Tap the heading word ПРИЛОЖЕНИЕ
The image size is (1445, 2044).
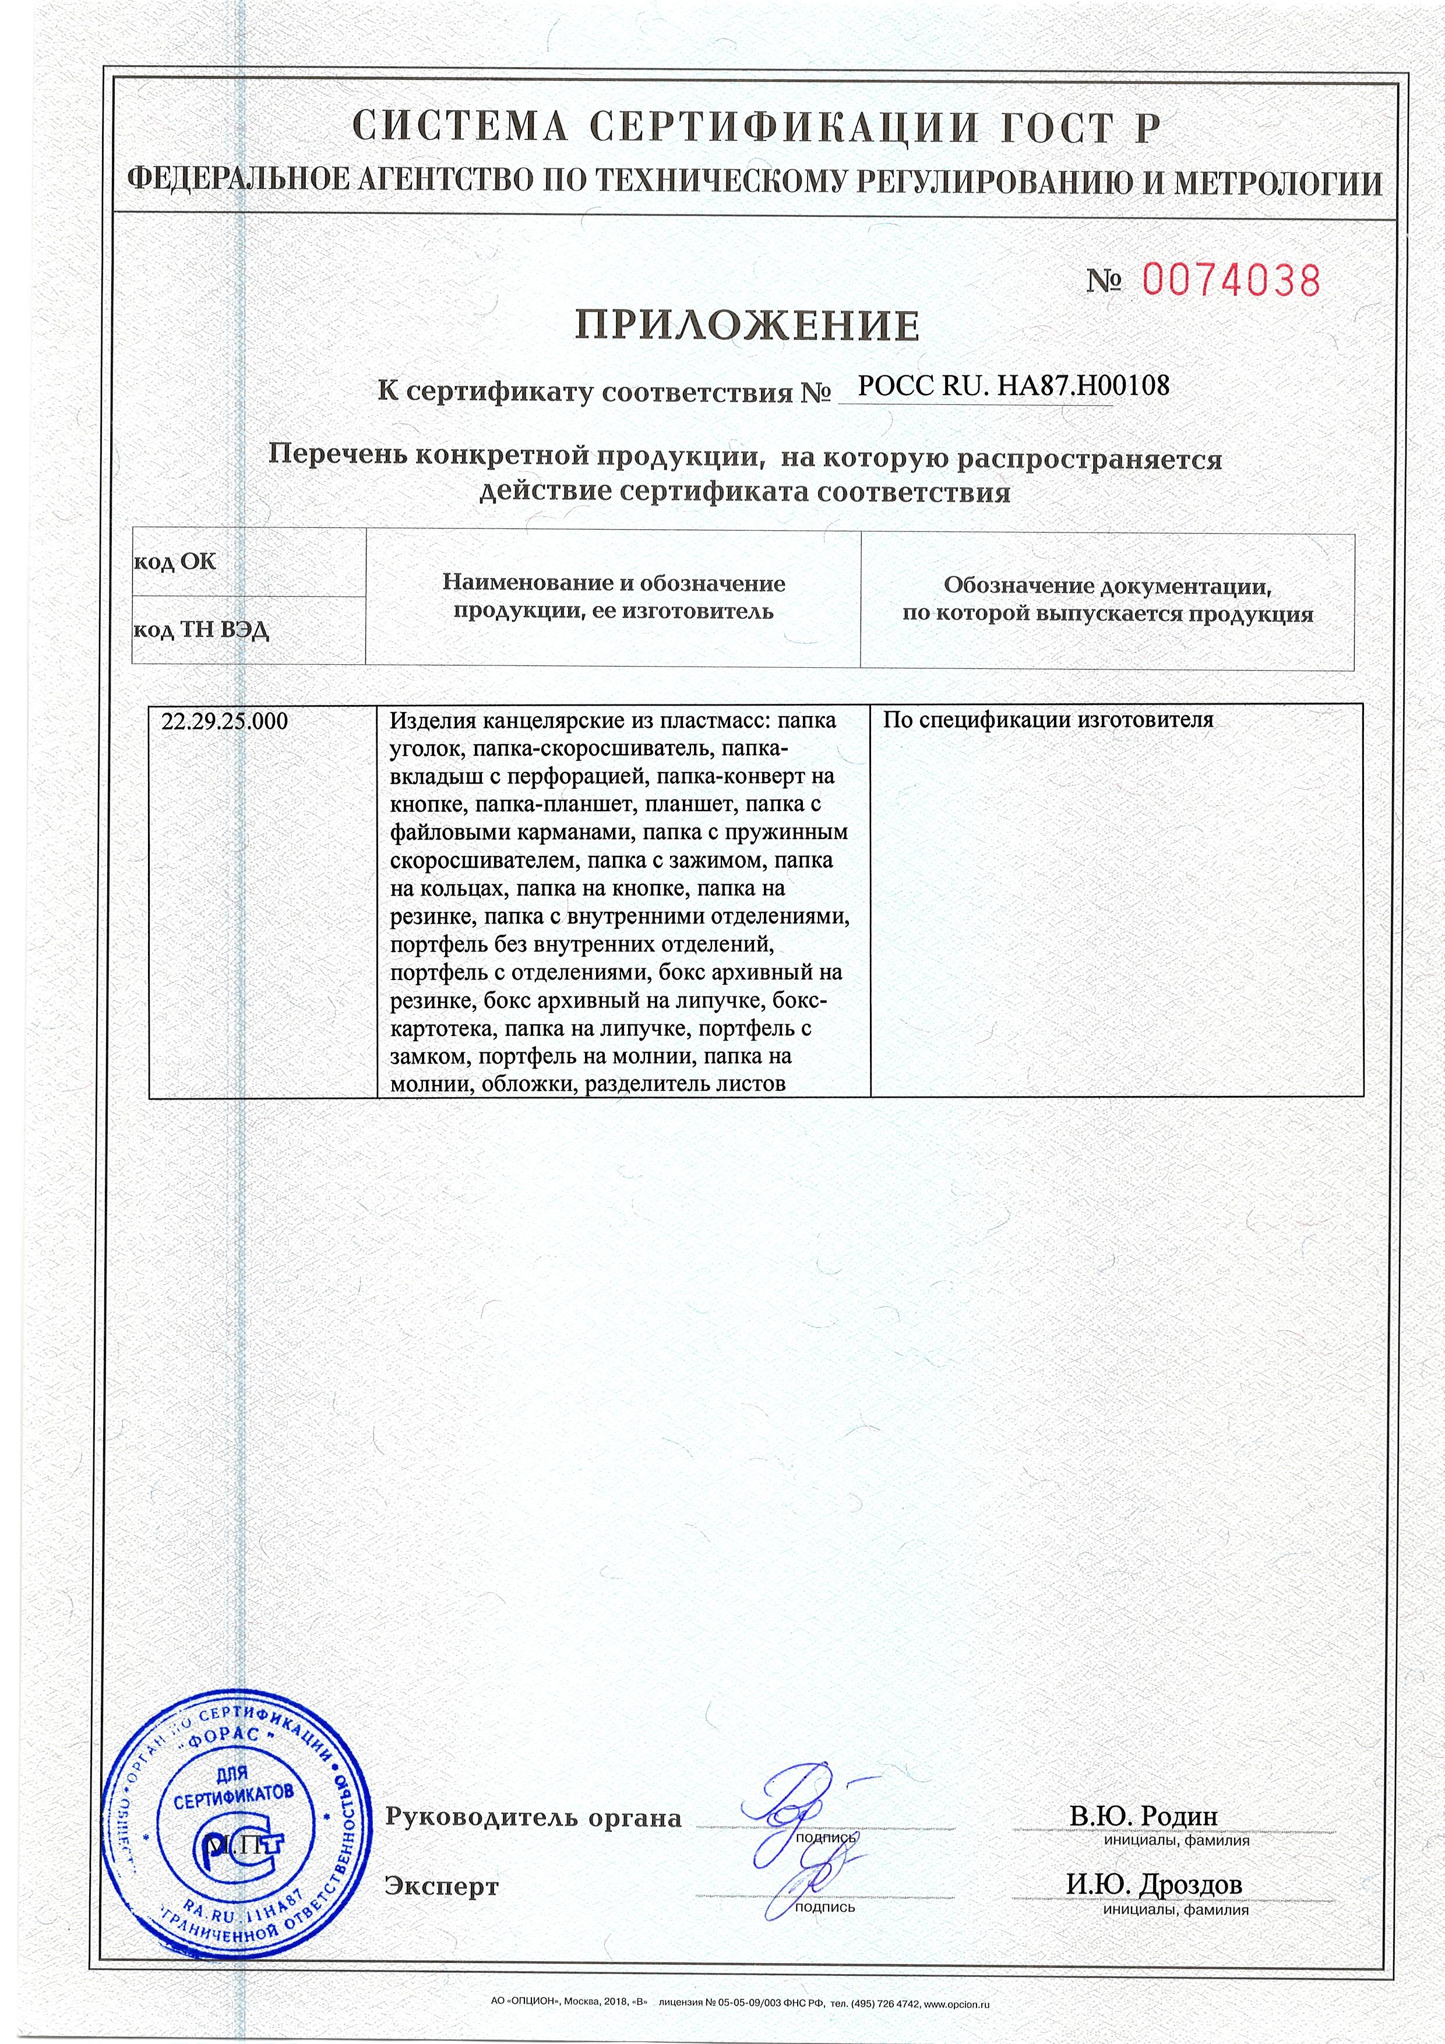point(746,326)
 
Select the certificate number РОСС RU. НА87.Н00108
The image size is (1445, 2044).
point(1013,386)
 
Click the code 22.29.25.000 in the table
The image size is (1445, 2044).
point(225,721)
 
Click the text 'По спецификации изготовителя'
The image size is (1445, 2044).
point(1048,720)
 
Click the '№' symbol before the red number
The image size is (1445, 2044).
point(1104,282)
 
